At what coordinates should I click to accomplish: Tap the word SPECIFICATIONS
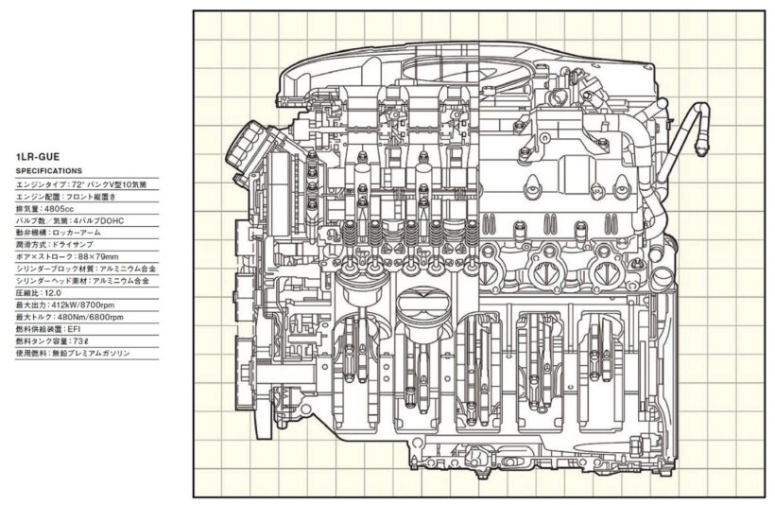click(49, 170)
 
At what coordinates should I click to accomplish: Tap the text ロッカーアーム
click(81, 232)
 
